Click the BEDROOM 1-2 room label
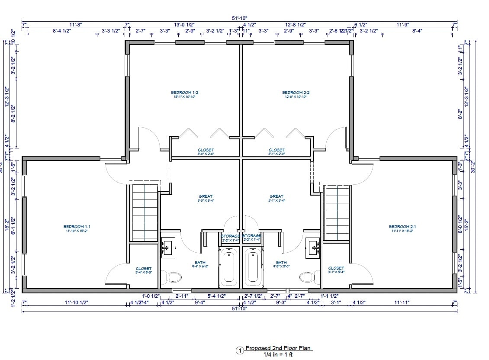(x=184, y=92)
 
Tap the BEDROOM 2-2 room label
(x=296, y=92)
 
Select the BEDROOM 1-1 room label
(x=77, y=226)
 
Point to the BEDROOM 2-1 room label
(x=402, y=226)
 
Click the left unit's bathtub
(x=228, y=267)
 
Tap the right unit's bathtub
(x=252, y=267)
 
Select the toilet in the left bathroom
(x=174, y=276)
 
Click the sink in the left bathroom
(x=167, y=247)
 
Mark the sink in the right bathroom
(x=313, y=247)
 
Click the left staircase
(x=145, y=212)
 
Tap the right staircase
(x=336, y=212)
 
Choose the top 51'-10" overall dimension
(x=239, y=18)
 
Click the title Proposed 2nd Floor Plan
(x=278, y=348)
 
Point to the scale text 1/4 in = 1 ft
(x=278, y=354)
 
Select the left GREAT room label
(x=206, y=196)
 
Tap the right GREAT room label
(x=276, y=196)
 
